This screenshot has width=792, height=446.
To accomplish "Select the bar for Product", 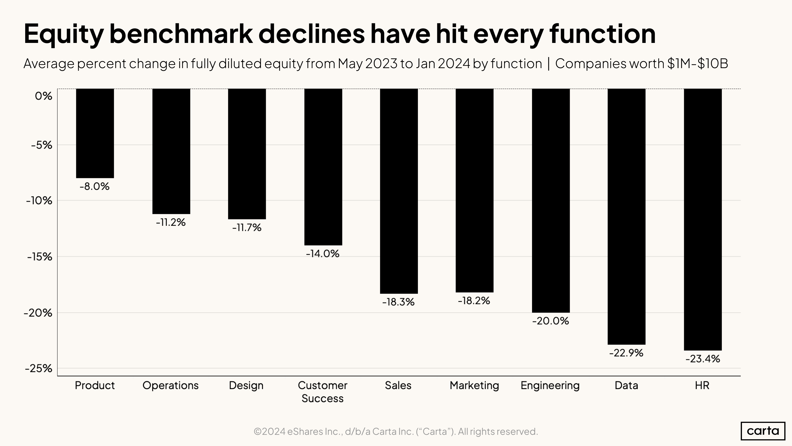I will (x=95, y=133).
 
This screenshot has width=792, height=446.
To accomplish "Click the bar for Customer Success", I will (x=323, y=167).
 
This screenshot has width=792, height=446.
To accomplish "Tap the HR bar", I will (x=703, y=219).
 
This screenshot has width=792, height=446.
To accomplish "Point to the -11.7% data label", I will (x=247, y=228).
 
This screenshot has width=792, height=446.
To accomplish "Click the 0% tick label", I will (x=43, y=96).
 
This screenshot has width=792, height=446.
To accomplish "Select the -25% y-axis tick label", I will (x=38, y=368).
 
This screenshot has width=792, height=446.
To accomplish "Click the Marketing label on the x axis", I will (x=474, y=385).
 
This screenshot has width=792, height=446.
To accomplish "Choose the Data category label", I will (x=626, y=385).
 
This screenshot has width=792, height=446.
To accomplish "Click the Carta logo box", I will (x=763, y=431).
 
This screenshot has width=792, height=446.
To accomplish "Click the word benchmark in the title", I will (x=181, y=34).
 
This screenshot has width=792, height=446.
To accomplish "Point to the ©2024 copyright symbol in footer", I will (x=258, y=432).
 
